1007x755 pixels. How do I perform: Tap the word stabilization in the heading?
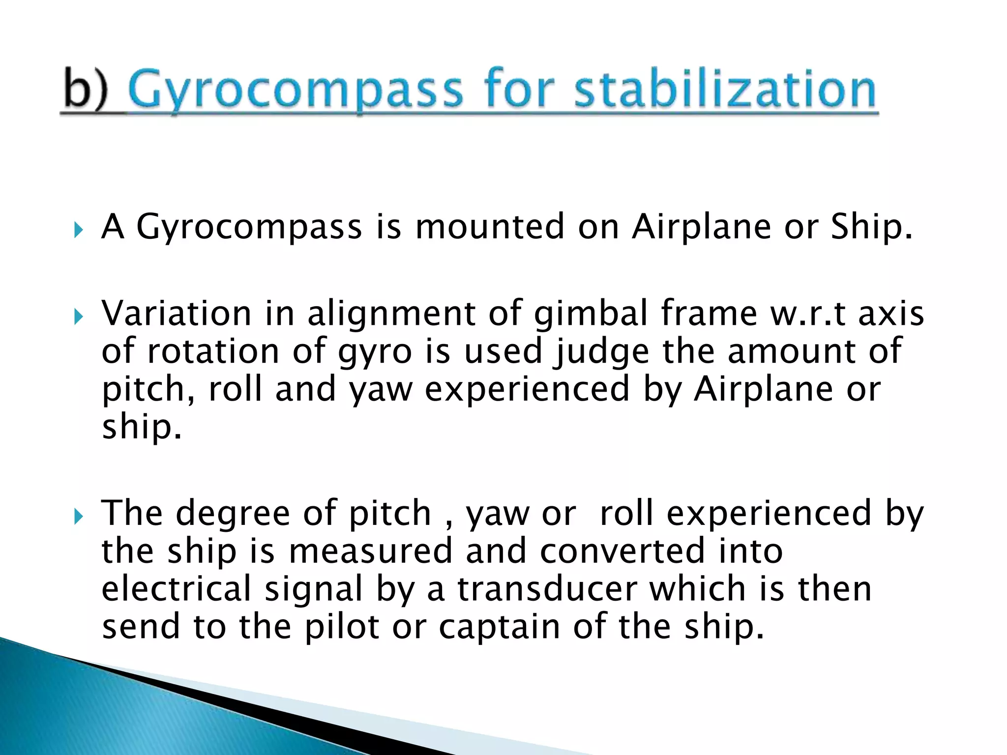click(725, 89)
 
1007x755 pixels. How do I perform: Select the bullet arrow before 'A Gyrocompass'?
click(78, 230)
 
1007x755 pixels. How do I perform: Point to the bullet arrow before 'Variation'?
click(78, 317)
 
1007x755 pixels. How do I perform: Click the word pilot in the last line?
click(341, 627)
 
